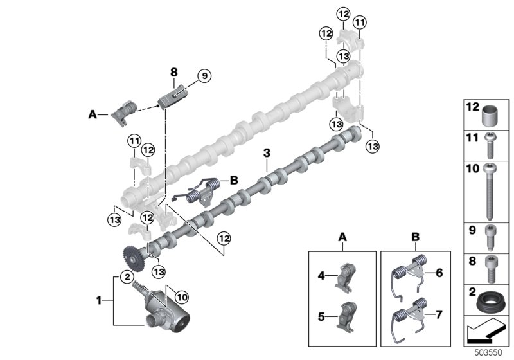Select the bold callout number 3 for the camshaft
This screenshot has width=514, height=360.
(x=267, y=154)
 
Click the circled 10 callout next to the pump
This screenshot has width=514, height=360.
(x=181, y=297)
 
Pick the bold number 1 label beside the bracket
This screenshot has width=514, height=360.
(x=99, y=300)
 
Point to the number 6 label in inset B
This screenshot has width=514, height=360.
(x=440, y=273)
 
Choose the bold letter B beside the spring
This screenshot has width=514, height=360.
(x=233, y=180)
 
